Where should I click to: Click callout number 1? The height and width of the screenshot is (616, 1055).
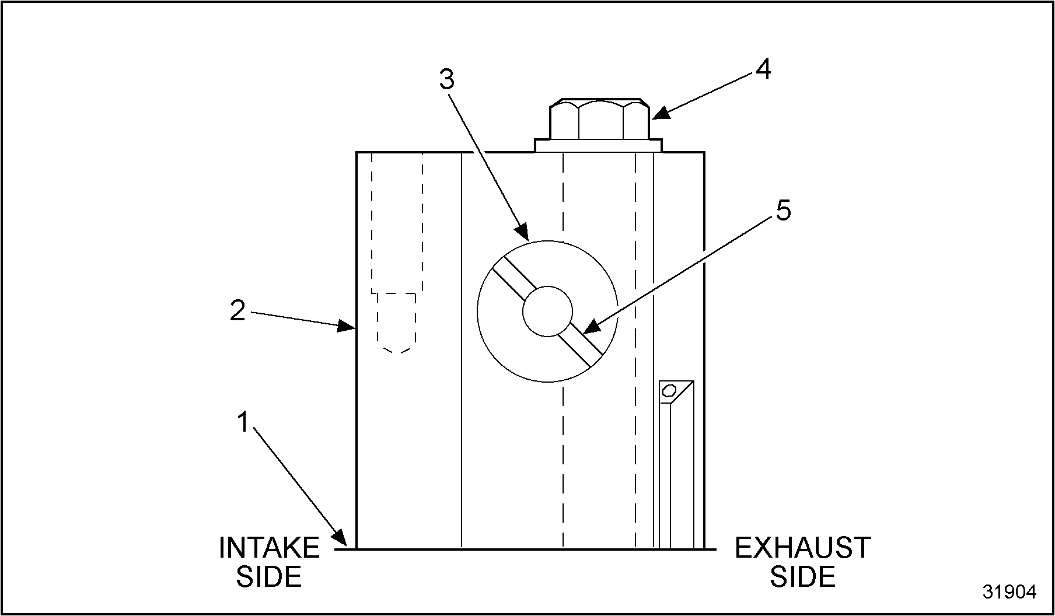tap(244, 422)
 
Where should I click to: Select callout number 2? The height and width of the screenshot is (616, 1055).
tap(237, 311)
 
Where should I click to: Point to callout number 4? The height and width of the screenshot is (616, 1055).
tap(763, 69)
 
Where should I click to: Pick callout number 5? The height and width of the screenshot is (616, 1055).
tap(783, 211)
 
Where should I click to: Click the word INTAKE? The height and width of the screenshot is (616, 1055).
tap(269, 548)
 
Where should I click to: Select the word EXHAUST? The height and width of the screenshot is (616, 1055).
tap(802, 548)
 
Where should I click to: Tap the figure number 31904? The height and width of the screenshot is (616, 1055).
tap(1009, 592)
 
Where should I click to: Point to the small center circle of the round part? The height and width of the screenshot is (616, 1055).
tap(547, 311)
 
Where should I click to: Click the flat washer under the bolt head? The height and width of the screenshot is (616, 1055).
tap(599, 145)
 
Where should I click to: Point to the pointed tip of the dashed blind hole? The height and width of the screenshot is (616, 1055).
tap(397, 352)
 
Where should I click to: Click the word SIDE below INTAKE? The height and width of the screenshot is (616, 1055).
tap(269, 576)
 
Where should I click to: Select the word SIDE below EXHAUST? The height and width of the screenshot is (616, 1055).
tap(802, 576)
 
